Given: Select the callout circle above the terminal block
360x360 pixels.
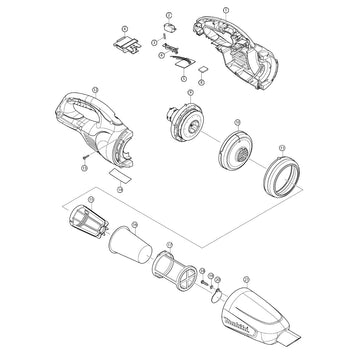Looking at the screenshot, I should [123, 31].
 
